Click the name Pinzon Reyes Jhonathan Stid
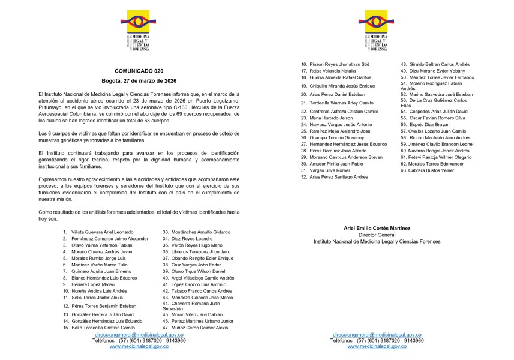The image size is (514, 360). [339, 64]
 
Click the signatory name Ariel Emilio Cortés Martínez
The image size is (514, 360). [377, 229]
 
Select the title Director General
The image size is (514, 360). [377, 235]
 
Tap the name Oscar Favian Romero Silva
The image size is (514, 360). [438, 118]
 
